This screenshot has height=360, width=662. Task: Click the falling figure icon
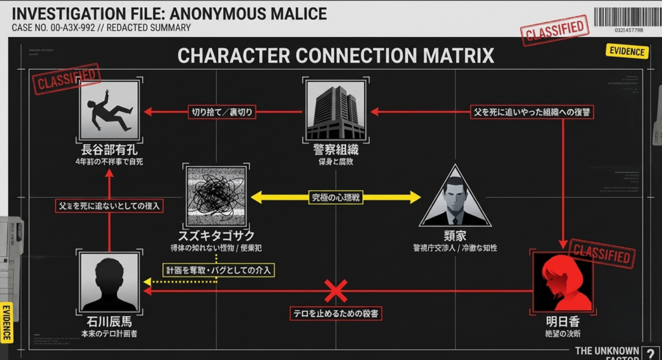(109, 111)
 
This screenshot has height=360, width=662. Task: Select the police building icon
(336, 111)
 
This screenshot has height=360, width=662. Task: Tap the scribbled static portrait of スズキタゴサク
(216, 194)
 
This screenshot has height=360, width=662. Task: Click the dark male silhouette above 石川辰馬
(109, 282)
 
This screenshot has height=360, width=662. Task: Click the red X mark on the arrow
(335, 291)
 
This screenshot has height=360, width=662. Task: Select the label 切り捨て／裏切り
(221, 112)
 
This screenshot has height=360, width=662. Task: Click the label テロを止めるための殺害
(336, 313)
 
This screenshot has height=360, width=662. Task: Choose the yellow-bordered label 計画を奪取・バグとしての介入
(218, 270)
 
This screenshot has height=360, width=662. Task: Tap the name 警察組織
(336, 150)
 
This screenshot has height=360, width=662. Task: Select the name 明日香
(562, 321)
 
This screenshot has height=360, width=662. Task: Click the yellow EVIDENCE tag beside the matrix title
(626, 52)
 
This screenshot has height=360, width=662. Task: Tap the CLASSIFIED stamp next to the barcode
(555, 30)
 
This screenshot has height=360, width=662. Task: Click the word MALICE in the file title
(292, 13)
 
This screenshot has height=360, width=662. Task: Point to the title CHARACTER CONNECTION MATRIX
(336, 56)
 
